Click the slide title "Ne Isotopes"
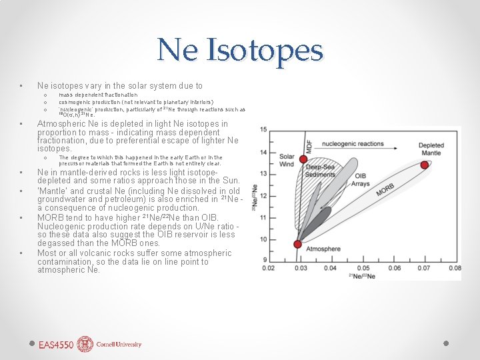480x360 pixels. click(x=240, y=50)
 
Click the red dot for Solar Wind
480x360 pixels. click(x=303, y=159)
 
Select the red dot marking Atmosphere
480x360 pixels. click(x=297, y=244)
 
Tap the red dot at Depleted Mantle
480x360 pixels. click(x=424, y=164)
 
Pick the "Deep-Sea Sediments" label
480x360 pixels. click(x=321, y=171)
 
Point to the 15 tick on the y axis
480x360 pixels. click(x=263, y=129)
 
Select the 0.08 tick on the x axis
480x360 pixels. click(x=455, y=268)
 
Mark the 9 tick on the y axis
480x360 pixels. click(x=265, y=260)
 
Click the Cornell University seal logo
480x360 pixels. click(x=85, y=344)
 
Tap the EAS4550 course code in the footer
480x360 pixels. click(x=55, y=345)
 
